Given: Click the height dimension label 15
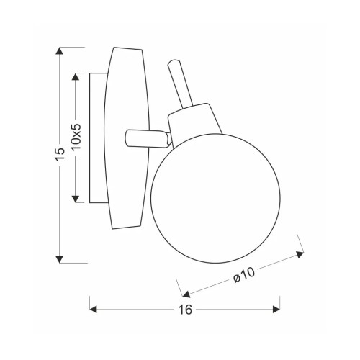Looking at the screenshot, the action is (60, 154).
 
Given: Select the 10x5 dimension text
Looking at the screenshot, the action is (77, 137).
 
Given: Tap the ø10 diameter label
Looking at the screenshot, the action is (243, 275).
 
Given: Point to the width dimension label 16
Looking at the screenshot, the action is (185, 310).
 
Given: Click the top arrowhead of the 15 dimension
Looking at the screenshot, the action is (59, 51).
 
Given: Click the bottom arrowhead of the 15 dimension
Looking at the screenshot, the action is (59, 259).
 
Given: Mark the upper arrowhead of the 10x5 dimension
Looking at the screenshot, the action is (76, 77).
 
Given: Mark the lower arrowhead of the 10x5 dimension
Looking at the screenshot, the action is (76, 199).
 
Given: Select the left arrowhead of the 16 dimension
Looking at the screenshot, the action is (93, 310).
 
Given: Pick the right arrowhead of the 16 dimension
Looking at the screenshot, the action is (276, 310).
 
